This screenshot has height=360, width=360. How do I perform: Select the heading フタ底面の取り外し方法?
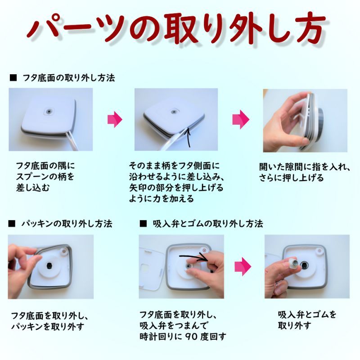coord(69,78)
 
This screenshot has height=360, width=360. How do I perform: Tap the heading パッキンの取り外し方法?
coord(67,223)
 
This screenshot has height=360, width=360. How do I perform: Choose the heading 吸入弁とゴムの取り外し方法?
coord(208,223)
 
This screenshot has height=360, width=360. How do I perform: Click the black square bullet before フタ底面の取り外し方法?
coord(13,78)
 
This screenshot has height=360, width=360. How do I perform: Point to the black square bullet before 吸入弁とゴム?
coord(143,223)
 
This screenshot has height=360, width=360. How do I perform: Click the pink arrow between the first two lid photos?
coord(115,119)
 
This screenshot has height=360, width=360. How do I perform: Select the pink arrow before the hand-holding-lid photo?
coord(241,119)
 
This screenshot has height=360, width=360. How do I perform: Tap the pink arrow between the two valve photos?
coord(243,266)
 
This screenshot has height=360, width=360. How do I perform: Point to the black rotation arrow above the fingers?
coord(194,256)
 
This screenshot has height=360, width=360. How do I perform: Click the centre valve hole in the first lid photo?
coord(49,112)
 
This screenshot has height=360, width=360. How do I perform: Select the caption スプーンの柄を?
coord(45,177)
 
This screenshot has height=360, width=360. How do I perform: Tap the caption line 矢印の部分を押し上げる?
coord(176,188)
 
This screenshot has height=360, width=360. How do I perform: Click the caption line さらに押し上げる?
coord(291,178)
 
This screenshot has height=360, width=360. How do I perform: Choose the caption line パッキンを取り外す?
coord(48,326)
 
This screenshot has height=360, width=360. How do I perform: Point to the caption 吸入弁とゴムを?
coord(307,315)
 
